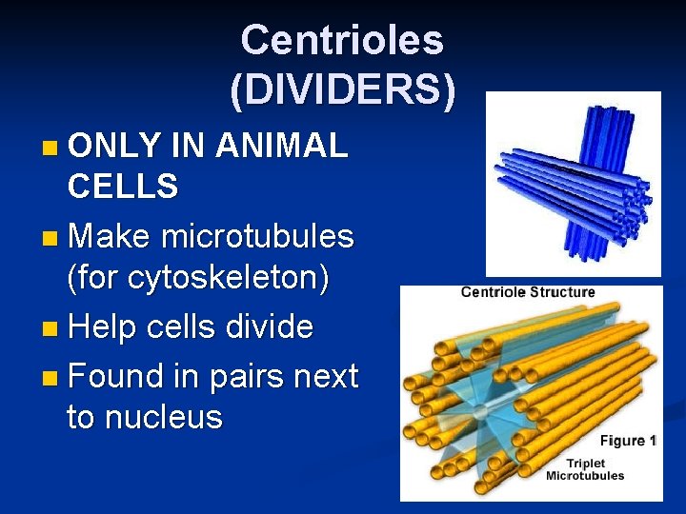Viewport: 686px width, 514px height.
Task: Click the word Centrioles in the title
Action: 342,40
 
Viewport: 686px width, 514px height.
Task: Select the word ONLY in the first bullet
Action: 114,147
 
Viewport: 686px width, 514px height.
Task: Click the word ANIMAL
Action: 281,147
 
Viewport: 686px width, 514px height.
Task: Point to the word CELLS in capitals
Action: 122,187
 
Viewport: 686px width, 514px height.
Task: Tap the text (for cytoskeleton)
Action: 198,278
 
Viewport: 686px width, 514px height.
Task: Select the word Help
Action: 108,326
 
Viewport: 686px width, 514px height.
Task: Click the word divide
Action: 270,326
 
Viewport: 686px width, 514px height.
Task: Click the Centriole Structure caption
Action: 527,292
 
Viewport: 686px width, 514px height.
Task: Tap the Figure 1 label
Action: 627,441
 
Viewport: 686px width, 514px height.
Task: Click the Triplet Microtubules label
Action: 584,468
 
